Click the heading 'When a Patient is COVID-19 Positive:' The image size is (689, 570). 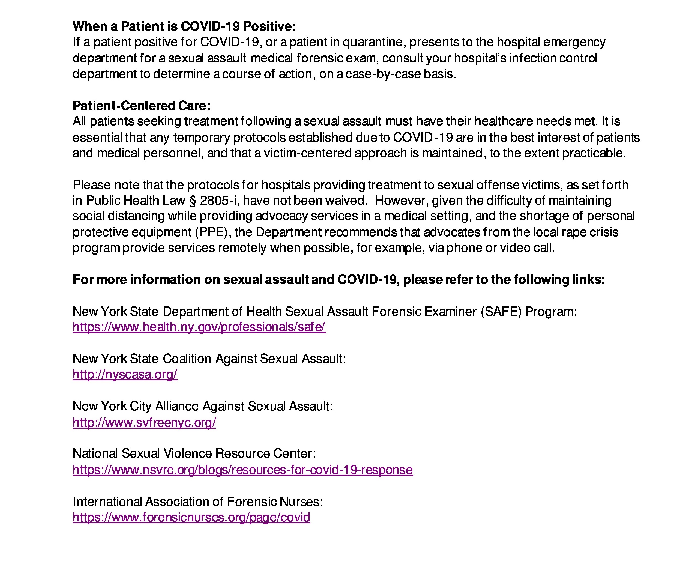(184, 26)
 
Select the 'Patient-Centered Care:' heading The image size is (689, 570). (141, 106)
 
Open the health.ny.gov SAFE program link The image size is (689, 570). (199, 327)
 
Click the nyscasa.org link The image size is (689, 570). (125, 374)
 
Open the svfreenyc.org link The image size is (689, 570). (144, 422)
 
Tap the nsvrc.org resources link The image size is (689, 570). (242, 470)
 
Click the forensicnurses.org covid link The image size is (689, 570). (191, 518)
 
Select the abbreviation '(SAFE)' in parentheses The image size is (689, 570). (501, 311)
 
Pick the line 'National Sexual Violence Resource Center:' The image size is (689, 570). (194, 453)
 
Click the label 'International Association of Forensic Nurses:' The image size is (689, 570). (198, 502)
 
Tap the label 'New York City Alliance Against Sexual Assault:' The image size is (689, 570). (203, 406)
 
